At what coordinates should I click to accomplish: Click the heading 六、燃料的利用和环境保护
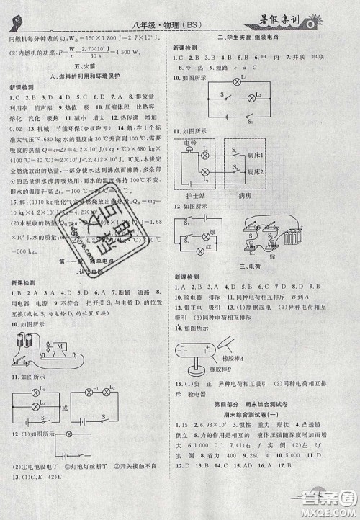click(88, 74)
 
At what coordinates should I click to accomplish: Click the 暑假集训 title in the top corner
click(300, 11)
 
